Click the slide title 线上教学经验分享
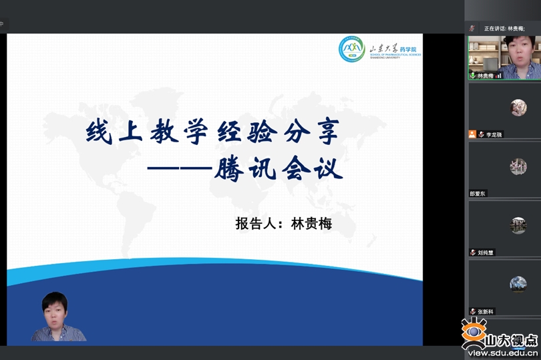pos(212,132)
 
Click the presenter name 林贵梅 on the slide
pos(312,223)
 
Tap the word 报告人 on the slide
pos(256,223)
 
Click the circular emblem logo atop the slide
pos(351,49)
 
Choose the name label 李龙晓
pos(494,134)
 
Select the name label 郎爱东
pos(478,194)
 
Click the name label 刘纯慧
pos(486,252)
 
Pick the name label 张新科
pos(486,311)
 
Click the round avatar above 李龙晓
pos(518,108)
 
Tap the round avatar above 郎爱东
pos(518,166)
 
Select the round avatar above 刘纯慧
pos(518,225)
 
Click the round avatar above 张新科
pos(518,284)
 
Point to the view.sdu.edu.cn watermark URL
pos(502,353)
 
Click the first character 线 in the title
pos(98,132)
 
